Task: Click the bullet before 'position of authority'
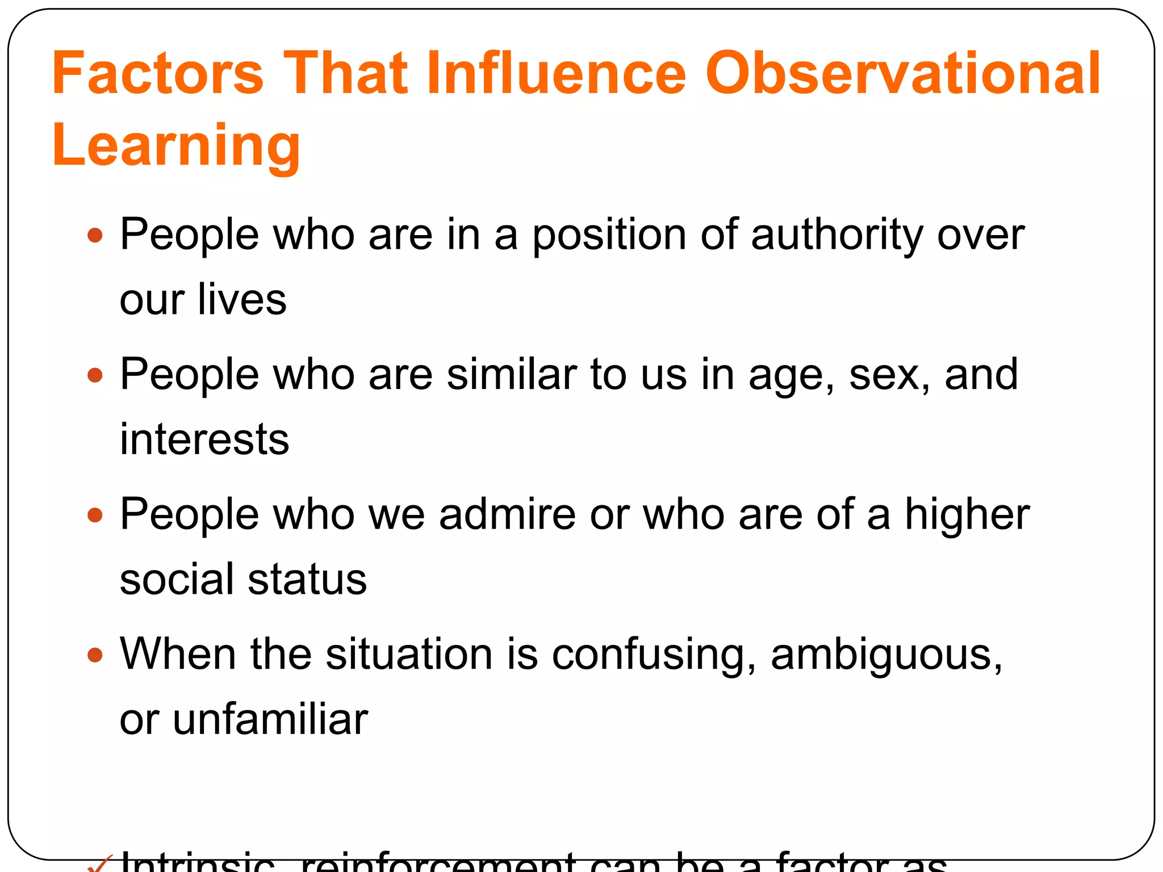(95, 235)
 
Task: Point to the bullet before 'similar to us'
(95, 375)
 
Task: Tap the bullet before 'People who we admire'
(95, 515)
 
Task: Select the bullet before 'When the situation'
(95, 656)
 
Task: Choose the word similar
(512, 375)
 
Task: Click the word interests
(204, 439)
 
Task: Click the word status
(307, 580)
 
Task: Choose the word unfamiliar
(270, 719)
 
